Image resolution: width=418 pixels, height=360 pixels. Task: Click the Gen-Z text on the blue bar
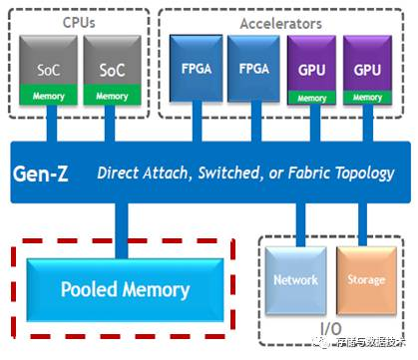(47, 174)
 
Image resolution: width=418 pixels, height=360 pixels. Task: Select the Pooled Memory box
(124, 290)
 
